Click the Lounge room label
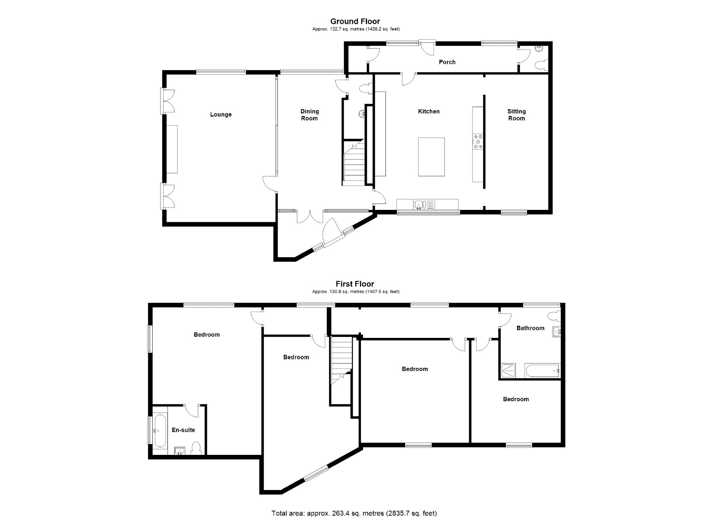tap(221, 114)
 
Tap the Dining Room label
tap(309, 115)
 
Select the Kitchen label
tap(429, 111)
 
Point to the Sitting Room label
tap(516, 115)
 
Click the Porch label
tap(447, 62)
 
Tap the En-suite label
tap(183, 430)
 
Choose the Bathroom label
tap(530, 328)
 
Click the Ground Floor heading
tap(355, 21)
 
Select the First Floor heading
tap(355, 284)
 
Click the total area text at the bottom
tap(354, 513)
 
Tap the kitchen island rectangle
tap(431, 157)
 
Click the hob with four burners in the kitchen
tap(478, 141)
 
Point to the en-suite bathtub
tap(160, 431)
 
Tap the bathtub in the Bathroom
tap(542, 371)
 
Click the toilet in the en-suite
tap(196, 449)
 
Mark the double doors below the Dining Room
tap(310, 217)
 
